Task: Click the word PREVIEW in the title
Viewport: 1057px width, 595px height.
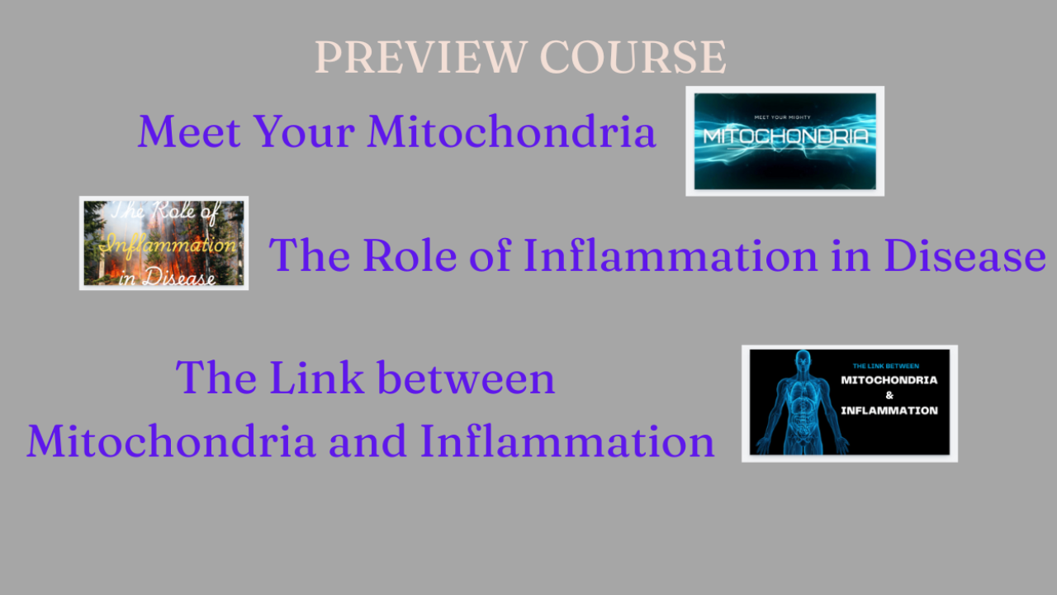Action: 420,57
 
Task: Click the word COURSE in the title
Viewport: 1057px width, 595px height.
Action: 633,57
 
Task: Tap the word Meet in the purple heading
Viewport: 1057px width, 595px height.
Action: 190,131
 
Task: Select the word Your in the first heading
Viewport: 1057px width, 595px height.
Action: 305,131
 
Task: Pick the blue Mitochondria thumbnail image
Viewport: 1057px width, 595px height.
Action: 784,141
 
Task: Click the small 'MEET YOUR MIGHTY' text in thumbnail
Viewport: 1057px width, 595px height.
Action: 782,117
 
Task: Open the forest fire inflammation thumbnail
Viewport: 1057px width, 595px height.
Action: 164,243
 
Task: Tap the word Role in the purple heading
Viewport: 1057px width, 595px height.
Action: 410,255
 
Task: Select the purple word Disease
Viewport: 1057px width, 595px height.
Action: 965,255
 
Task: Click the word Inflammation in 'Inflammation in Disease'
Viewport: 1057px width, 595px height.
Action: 671,255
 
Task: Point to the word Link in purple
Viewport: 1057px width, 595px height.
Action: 317,378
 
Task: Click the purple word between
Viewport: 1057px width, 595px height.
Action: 467,378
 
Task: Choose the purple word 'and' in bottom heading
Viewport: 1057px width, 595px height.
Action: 367,441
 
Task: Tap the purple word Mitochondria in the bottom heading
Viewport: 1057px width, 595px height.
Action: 171,441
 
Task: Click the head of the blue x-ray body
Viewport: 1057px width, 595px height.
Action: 803,360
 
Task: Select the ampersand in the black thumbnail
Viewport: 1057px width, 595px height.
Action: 889,395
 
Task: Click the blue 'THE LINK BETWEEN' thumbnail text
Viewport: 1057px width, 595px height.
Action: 886,366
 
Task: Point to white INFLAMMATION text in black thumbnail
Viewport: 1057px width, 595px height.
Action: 889,411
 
